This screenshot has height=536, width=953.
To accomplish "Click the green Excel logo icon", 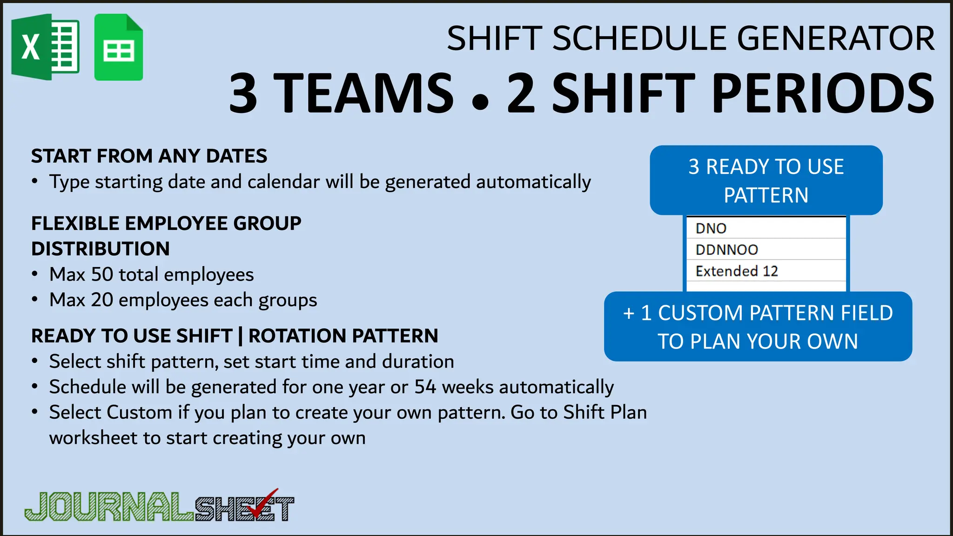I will pyautogui.click(x=45, y=47).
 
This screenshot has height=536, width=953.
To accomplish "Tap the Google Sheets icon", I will pyautogui.click(x=119, y=47).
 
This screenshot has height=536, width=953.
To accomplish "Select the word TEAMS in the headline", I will pyautogui.click(x=363, y=93).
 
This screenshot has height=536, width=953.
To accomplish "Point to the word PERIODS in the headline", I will pyautogui.click(x=823, y=93).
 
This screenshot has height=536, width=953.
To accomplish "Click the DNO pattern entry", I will pyautogui.click(x=711, y=228).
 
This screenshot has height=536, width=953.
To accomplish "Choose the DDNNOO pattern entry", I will pyautogui.click(x=726, y=250).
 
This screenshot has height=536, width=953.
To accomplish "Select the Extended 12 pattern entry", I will pyautogui.click(x=737, y=271).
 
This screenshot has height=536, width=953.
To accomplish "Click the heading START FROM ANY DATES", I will pyautogui.click(x=149, y=156).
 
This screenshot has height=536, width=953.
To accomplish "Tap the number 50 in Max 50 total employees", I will pyautogui.click(x=102, y=275).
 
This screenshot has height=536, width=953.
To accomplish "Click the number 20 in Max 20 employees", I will pyautogui.click(x=102, y=300).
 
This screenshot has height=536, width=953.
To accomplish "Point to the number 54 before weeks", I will pyautogui.click(x=425, y=387).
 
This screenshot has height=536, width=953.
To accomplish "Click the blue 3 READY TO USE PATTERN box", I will pyautogui.click(x=766, y=181).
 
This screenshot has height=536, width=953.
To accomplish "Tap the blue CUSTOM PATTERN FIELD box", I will pyautogui.click(x=758, y=327).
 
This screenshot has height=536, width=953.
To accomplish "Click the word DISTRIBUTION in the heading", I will pyautogui.click(x=101, y=249).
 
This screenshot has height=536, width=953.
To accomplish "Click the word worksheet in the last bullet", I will pyautogui.click(x=94, y=438).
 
